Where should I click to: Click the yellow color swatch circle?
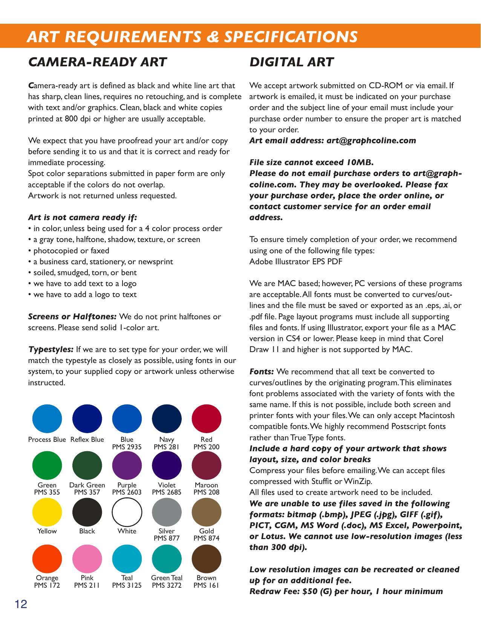[x=47, y=512]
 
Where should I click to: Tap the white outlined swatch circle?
[x=127, y=512]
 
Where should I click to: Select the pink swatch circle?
[x=87, y=559]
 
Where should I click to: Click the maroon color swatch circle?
[x=206, y=465]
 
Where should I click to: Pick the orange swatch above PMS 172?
[x=47, y=559]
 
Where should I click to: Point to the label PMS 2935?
[x=127, y=447]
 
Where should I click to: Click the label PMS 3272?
[x=167, y=585]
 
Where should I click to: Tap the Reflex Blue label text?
[x=87, y=440]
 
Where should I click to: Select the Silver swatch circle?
[x=167, y=512]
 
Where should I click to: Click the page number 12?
[x=21, y=604]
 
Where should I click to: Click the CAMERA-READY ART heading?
[x=97, y=62]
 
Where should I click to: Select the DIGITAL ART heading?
[x=291, y=62]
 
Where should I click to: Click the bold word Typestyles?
[x=51, y=349]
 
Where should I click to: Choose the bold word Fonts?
[x=262, y=372]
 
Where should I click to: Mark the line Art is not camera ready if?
[x=83, y=218]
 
